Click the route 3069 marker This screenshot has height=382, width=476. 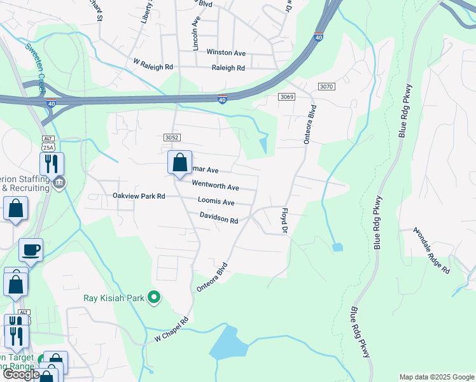(288, 96)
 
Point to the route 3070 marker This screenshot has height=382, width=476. (326, 86)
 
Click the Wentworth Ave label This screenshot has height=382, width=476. (215, 187)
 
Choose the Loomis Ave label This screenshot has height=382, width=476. (216, 202)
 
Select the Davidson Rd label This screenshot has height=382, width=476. (218, 218)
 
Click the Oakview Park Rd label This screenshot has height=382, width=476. (139, 196)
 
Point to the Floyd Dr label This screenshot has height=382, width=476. (285, 220)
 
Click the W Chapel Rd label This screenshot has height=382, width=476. (172, 330)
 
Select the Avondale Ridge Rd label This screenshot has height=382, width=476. (432, 250)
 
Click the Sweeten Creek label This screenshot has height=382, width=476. (36, 68)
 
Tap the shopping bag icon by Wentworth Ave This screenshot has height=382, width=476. (180, 162)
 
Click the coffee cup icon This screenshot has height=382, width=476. (30, 250)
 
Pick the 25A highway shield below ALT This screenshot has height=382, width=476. (48, 147)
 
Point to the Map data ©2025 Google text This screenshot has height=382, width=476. (436, 377)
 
